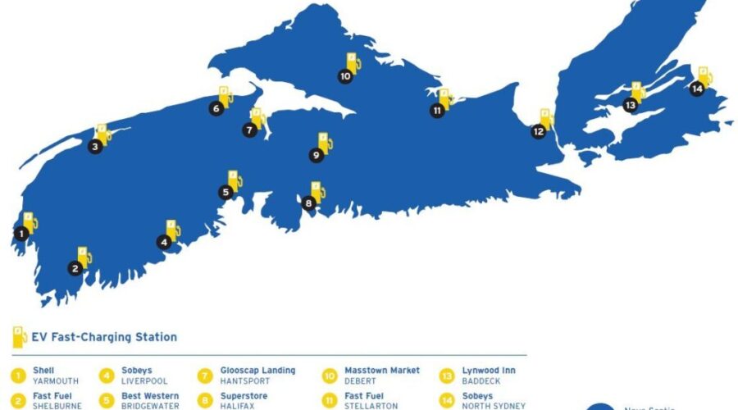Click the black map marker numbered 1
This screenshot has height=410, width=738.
pos(20,233)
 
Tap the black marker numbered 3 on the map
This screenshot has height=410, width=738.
pos(96,147)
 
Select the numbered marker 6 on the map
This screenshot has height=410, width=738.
pos(216,107)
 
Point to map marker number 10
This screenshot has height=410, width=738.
pos(344,76)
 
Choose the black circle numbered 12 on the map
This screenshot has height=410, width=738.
pos(538,131)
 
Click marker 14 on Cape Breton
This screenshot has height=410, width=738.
pos(696,89)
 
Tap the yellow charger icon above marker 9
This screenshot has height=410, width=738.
pos(325,142)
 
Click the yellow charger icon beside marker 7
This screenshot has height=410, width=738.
pos(258,118)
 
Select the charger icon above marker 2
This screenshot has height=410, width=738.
pos(84,257)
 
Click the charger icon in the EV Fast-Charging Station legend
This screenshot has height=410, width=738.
pos(17,336)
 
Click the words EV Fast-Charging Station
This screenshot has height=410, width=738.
pos(105,337)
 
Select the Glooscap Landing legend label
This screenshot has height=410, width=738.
pos(257,371)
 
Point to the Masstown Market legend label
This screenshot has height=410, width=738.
pos(381,371)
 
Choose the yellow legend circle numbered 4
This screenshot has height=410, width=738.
pos(107,376)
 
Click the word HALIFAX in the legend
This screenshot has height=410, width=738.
pos(238,406)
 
